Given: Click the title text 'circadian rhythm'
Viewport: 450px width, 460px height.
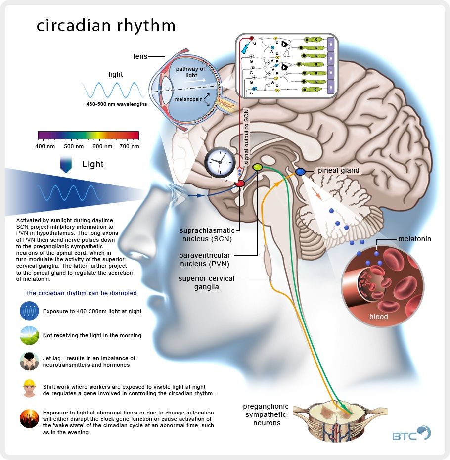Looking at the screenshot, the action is (x=106, y=26).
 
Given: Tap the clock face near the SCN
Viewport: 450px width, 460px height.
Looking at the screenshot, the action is (x=220, y=162).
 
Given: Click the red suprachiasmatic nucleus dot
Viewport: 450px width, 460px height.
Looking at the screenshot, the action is (x=240, y=184).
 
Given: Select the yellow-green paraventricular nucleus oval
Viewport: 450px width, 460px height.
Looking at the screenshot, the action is (x=257, y=167).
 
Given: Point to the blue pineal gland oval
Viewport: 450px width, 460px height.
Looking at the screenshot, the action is (x=300, y=172).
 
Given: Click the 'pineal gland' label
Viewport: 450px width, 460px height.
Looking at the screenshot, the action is (x=339, y=171).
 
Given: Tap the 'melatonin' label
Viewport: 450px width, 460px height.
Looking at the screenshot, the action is (x=414, y=239).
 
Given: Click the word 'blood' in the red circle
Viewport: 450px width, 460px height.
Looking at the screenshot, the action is (x=378, y=317).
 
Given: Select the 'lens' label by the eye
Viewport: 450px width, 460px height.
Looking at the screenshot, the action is (x=140, y=56).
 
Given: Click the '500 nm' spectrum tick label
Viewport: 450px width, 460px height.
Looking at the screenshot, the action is (x=74, y=146).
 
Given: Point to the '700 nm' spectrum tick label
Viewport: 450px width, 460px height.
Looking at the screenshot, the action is (x=130, y=146).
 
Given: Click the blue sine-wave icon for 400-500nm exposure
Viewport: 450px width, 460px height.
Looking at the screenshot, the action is (x=29, y=311).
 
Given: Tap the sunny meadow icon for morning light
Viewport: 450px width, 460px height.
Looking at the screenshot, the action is (x=29, y=335).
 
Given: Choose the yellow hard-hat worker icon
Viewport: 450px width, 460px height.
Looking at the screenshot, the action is (x=29, y=388).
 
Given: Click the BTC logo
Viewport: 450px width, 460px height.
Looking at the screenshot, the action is (x=411, y=433).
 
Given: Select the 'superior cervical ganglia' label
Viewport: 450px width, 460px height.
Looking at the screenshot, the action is (x=207, y=283).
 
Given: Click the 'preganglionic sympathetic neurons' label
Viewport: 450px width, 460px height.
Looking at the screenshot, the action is (x=266, y=414).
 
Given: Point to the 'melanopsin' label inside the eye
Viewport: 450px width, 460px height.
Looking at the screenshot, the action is (x=188, y=99).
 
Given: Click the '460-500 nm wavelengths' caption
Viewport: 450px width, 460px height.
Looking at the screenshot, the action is (x=117, y=104).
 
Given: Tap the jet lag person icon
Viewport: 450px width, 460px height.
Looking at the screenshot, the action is (x=29, y=362).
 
